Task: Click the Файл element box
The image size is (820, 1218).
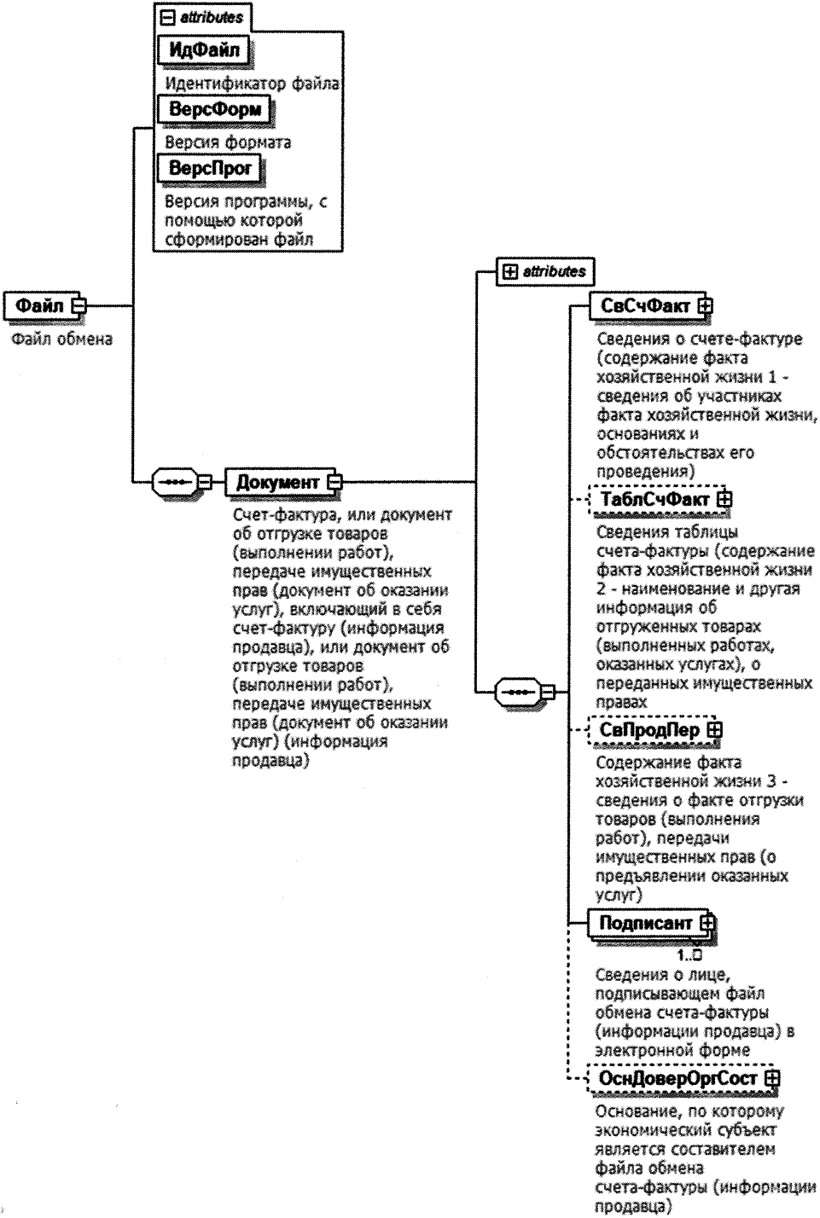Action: click(x=39, y=305)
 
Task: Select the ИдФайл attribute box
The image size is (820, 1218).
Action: click(x=203, y=49)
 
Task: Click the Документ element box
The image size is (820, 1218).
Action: click(x=276, y=482)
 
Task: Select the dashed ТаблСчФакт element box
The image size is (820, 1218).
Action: click(x=654, y=500)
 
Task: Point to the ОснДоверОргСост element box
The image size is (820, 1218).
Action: click(x=678, y=1079)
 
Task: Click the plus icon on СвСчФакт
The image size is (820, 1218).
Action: click(x=706, y=305)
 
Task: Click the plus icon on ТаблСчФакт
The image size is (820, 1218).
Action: click(x=724, y=500)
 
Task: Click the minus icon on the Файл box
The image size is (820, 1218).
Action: click(x=79, y=305)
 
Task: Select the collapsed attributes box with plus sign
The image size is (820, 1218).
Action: click(x=545, y=271)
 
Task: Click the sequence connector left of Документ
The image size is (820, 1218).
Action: click(x=176, y=482)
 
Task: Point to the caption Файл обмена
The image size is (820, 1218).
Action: click(x=62, y=339)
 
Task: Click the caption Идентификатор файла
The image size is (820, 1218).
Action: click(x=252, y=84)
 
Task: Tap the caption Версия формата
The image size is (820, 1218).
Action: click(x=228, y=142)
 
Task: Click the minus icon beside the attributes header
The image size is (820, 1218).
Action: click(x=168, y=17)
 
